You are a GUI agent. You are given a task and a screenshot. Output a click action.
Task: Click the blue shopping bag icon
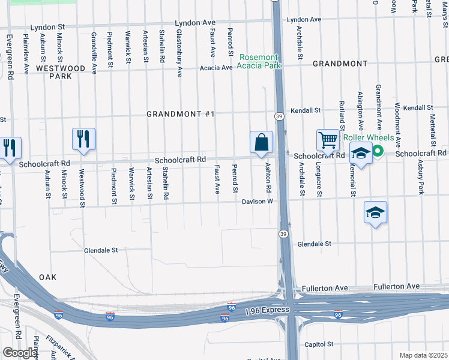(x=261, y=143)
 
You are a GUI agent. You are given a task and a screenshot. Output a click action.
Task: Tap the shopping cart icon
(x=328, y=140)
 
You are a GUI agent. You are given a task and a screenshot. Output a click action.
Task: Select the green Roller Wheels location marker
(x=378, y=151)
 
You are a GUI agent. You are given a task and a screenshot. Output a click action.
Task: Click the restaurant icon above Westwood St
(x=83, y=139)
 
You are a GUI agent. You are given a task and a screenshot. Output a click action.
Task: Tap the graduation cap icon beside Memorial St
(x=360, y=154)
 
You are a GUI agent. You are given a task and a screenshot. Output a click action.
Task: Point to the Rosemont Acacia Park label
(x=260, y=61)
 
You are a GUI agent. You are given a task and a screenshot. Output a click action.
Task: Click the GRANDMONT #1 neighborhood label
(x=181, y=114)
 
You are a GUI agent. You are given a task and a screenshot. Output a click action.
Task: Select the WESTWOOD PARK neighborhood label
(x=61, y=73)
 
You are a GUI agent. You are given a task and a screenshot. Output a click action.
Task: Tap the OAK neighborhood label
(x=47, y=277)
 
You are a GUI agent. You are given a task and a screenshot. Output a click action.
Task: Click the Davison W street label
(x=258, y=202)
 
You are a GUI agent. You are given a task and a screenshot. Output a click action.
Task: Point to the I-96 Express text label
(x=267, y=310)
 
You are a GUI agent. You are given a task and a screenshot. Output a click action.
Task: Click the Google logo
(x=20, y=352)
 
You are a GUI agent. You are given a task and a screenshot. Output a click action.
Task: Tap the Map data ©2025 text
(x=424, y=355)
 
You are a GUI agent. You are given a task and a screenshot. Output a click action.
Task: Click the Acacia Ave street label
(x=216, y=68)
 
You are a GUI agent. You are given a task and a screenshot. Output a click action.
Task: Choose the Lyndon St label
(x=47, y=28)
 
